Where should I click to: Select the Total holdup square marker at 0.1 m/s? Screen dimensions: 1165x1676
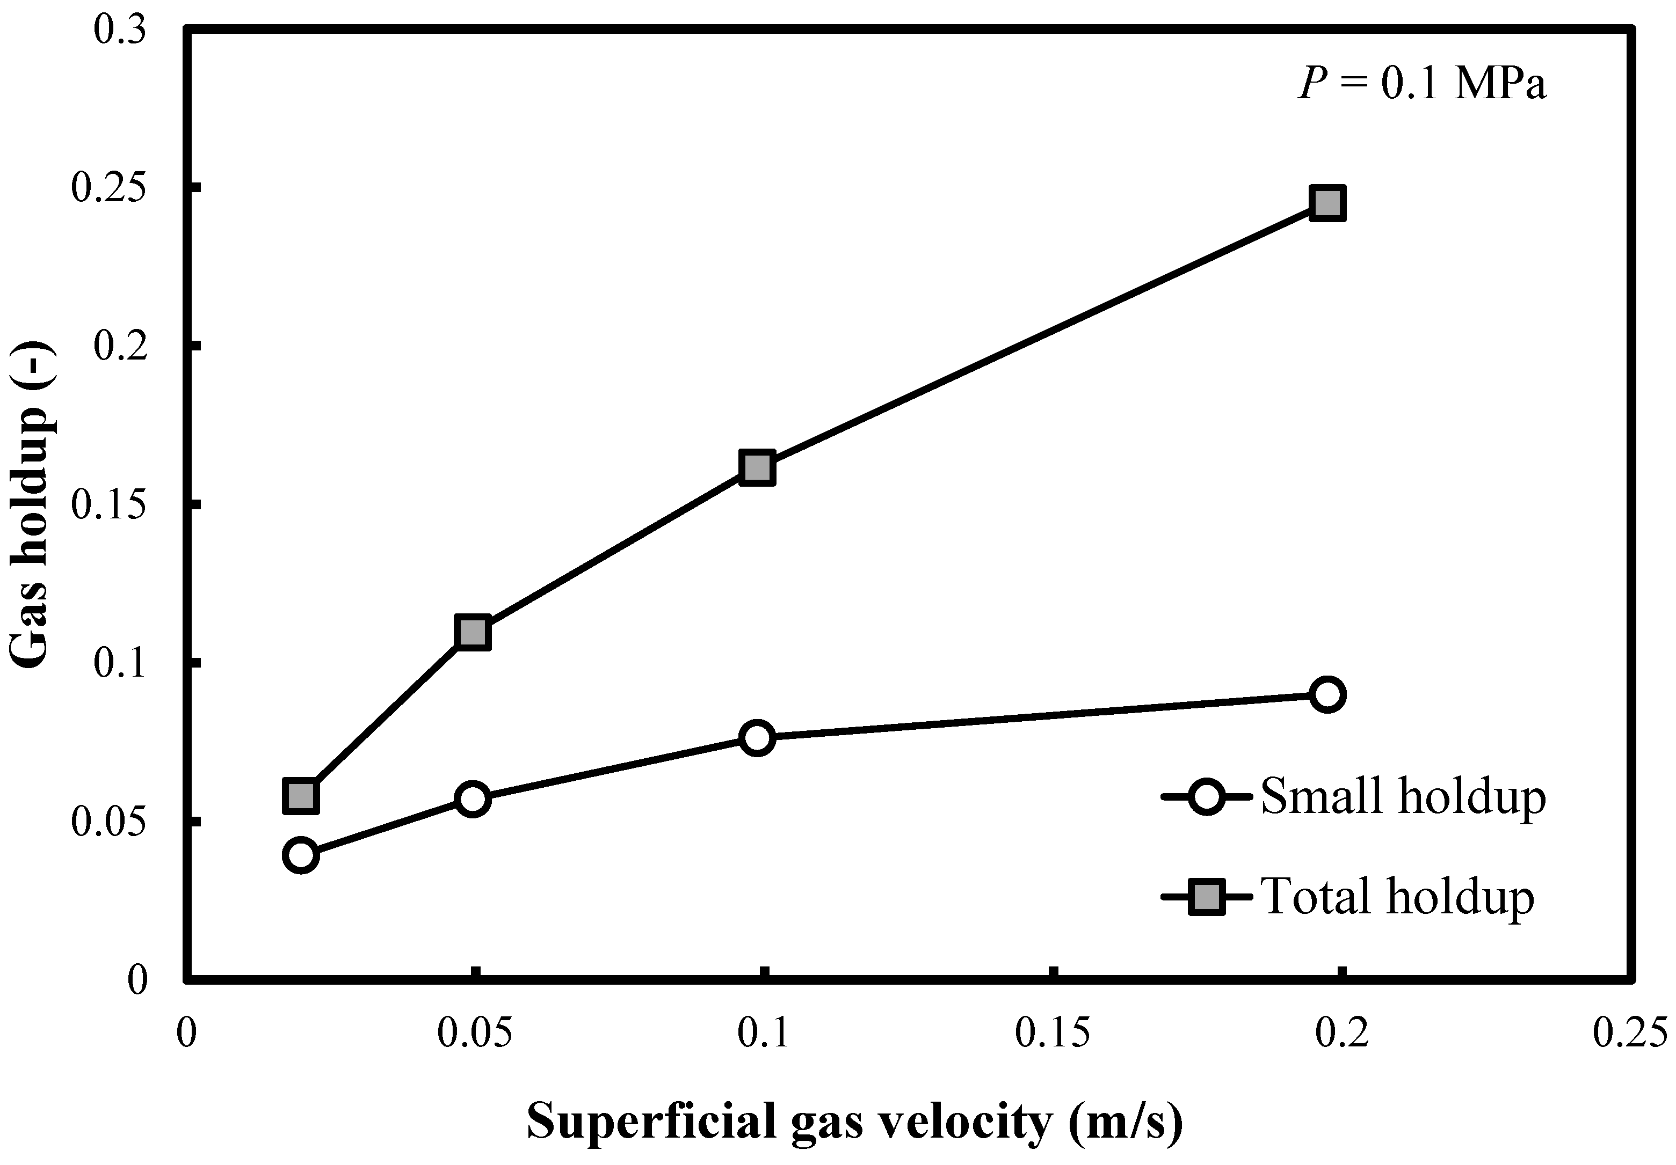(x=757, y=467)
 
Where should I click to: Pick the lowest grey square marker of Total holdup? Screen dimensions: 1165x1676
(x=301, y=796)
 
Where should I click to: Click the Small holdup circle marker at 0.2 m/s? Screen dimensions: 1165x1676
(x=1327, y=694)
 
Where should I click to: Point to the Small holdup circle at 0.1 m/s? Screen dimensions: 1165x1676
(x=757, y=737)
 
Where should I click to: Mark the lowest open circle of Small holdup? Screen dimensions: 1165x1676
(x=301, y=854)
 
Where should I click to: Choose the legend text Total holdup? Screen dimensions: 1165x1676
(x=1398, y=897)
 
